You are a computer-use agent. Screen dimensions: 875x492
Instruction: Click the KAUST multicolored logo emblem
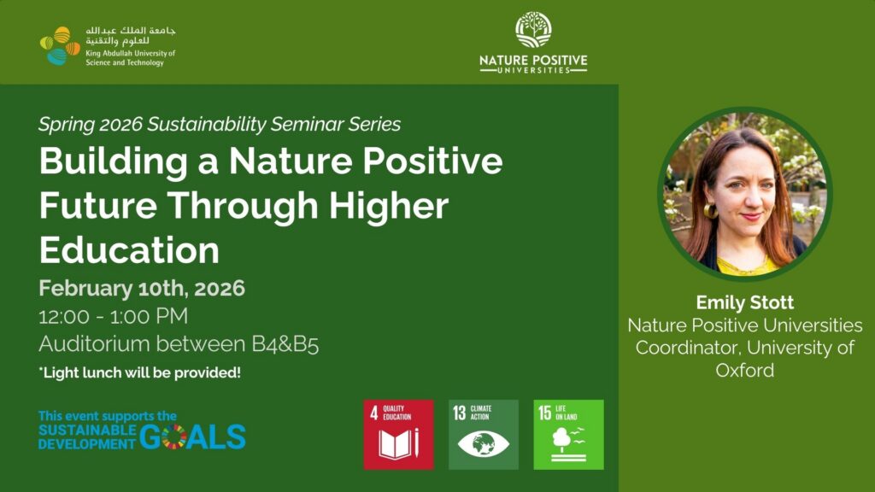[x=61, y=46]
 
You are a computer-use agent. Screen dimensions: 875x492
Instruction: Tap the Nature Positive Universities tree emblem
[x=533, y=30]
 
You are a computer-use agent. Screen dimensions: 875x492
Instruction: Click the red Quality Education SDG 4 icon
[x=398, y=435]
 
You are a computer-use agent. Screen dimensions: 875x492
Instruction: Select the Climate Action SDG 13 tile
[x=484, y=435]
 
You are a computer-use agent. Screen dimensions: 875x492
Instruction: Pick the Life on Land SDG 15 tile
[x=568, y=435]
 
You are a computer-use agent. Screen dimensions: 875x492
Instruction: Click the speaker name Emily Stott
[x=744, y=302]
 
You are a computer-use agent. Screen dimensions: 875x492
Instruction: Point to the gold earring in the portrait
[x=710, y=211]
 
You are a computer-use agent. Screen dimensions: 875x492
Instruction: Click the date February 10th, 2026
[x=142, y=289]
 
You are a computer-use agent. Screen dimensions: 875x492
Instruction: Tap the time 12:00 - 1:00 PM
[x=114, y=316]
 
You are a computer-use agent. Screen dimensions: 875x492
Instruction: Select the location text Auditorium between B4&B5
[x=179, y=344]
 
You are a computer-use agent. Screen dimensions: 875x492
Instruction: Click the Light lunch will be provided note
[x=139, y=372]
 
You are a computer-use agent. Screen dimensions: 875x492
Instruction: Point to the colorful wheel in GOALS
[x=173, y=436]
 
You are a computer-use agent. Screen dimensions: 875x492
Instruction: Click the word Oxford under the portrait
[x=744, y=371]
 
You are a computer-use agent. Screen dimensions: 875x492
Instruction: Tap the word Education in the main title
[x=129, y=250]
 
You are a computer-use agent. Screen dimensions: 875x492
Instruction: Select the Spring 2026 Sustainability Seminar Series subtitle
[x=220, y=124]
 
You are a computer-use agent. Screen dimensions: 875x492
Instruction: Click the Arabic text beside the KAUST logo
[x=131, y=35]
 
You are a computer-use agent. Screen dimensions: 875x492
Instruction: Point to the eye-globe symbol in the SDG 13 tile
[x=484, y=444]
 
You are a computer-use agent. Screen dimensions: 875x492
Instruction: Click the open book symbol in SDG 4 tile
[x=395, y=444]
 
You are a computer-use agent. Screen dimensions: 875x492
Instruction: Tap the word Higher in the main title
[x=389, y=206]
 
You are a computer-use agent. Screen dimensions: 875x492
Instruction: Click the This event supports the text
[x=108, y=416]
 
